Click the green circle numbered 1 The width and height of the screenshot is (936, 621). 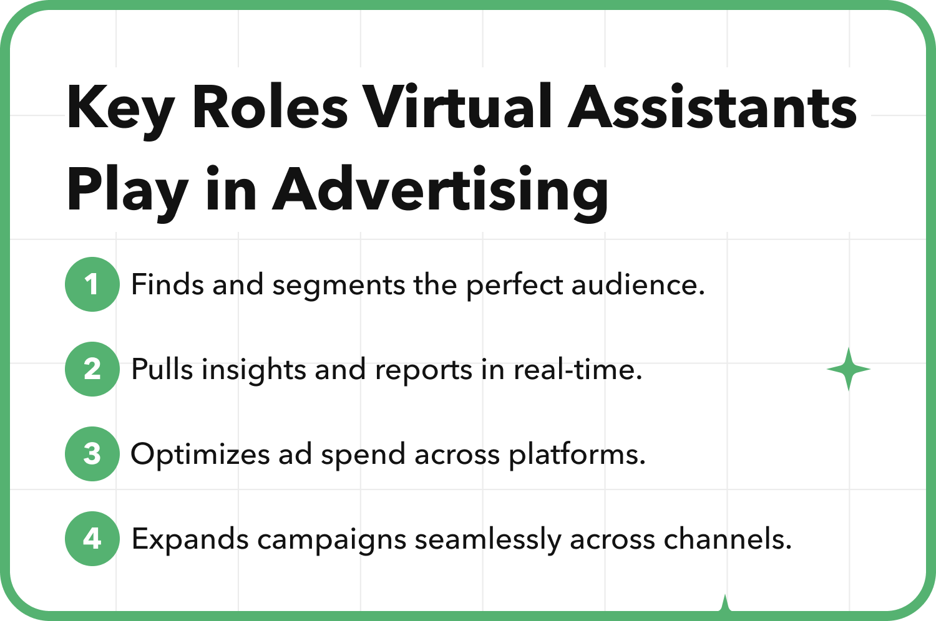pos(92,284)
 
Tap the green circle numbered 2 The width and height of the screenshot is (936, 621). pos(92,369)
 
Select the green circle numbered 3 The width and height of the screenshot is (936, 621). pos(92,454)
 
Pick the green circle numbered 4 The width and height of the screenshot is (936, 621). pos(92,539)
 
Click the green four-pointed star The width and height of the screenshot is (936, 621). pos(848,369)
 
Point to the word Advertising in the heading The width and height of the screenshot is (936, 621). pos(441,193)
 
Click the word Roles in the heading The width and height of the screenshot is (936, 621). pos(270,106)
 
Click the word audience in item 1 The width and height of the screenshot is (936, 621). pos(638,284)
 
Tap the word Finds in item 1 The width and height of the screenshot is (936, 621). pos(167,284)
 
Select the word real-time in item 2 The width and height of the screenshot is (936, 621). pos(577,369)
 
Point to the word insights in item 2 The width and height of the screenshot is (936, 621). pos(253,370)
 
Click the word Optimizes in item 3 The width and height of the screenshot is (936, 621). pos(200,455)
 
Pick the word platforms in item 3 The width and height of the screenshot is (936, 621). pos(577,455)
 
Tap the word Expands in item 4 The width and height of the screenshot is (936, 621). pos(190,540)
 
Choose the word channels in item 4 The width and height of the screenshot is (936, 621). pos(728,539)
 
